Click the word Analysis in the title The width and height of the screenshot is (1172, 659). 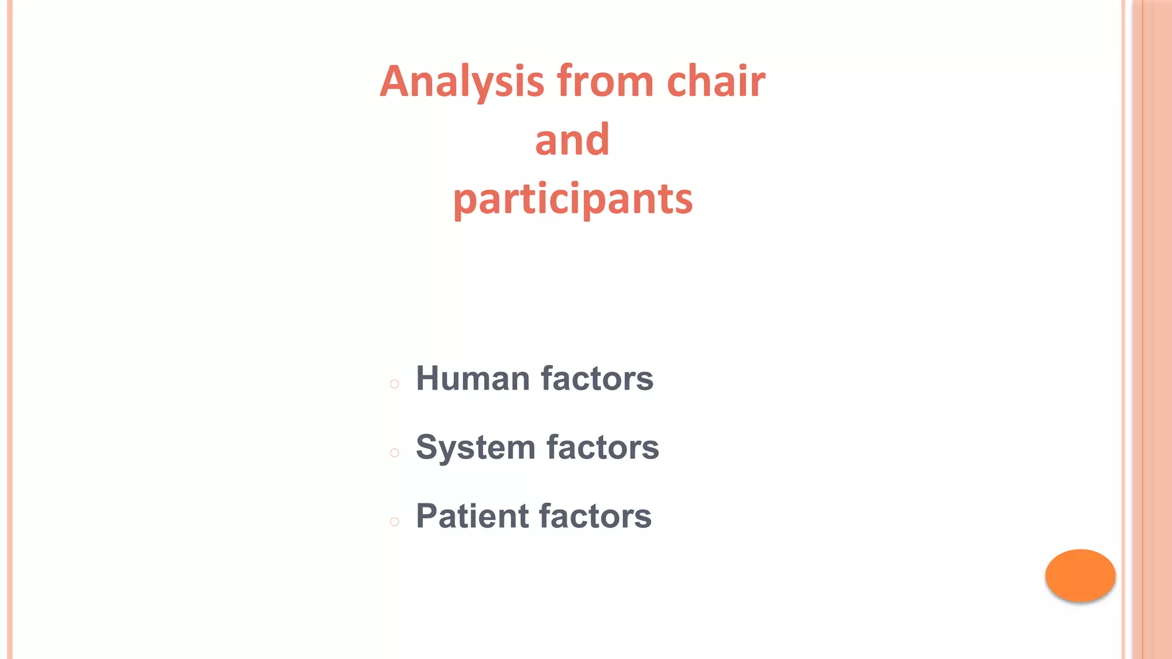[462, 82]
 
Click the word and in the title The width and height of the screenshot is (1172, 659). [572, 140]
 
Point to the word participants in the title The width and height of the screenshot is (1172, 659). [573, 200]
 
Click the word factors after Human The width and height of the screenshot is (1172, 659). [597, 379]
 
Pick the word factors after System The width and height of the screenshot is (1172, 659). [603, 447]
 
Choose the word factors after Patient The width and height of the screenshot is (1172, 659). [595, 516]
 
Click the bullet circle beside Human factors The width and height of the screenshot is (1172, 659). [394, 384]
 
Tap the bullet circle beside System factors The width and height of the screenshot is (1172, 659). [394, 453]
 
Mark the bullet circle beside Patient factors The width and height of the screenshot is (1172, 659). [394, 522]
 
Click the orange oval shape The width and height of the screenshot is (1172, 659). [1080, 575]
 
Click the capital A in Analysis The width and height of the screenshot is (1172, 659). [396, 82]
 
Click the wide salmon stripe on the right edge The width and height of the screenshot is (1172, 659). [1157, 329]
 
